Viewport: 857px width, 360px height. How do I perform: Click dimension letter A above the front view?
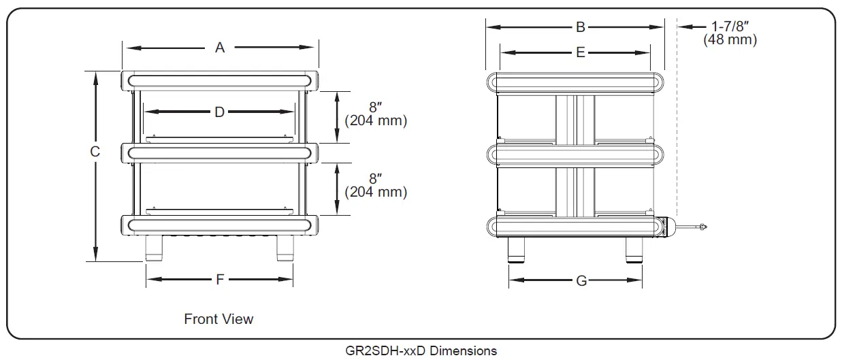point(220,48)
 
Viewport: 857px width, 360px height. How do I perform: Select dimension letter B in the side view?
point(580,27)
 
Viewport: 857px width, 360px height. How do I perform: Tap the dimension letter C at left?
point(95,152)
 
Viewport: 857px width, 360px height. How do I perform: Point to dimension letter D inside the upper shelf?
point(219,112)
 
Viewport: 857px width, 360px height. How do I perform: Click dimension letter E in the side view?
point(580,52)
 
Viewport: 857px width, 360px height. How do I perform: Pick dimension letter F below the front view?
point(220,279)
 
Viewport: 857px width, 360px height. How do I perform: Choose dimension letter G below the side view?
point(581,280)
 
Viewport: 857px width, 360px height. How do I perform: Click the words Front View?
point(219,318)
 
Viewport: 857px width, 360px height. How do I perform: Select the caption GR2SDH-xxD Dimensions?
point(421,351)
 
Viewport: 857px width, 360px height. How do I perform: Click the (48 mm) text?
point(730,40)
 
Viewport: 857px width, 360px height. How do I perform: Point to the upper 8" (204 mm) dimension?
point(376,114)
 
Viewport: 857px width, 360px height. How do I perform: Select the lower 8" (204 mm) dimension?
point(376,186)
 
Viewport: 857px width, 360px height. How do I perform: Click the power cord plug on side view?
point(700,227)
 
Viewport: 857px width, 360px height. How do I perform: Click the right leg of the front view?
point(284,248)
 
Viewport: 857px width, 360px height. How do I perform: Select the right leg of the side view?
point(634,250)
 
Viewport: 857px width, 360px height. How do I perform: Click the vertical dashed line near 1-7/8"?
point(677,136)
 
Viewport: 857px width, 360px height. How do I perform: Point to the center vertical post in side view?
point(575,157)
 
